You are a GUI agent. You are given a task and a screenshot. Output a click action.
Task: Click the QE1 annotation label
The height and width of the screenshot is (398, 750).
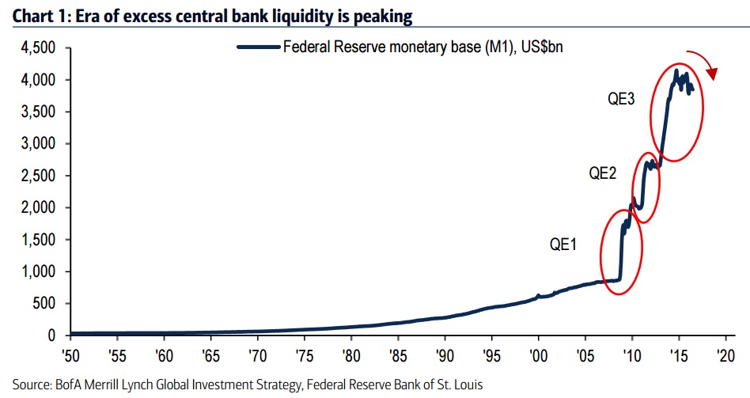tap(563, 244)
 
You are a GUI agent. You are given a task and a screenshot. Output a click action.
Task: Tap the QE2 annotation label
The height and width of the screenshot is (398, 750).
tap(603, 173)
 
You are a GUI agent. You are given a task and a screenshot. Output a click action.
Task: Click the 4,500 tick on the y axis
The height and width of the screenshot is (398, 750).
tap(36, 48)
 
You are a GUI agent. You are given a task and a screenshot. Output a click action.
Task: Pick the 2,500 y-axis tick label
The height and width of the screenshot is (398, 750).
tap(36, 176)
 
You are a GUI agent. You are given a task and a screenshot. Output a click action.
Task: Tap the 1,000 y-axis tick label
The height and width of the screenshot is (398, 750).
tap(36, 271)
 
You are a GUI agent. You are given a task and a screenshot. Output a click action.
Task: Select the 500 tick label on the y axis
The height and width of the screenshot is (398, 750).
tap(43, 304)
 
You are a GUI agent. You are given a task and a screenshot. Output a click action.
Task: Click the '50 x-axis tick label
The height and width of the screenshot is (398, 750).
tap(70, 354)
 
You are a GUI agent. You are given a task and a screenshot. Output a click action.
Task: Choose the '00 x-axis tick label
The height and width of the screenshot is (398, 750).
tap(539, 354)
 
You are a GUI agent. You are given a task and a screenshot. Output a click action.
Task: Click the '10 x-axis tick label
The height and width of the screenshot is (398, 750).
tap(632, 354)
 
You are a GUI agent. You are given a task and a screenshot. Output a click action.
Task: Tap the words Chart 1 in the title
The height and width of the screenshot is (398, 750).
tap(31, 15)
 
